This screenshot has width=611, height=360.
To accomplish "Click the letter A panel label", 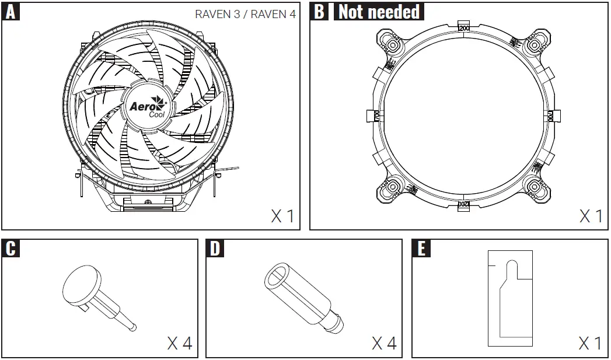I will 11,12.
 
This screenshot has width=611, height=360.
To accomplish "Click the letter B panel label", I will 319,12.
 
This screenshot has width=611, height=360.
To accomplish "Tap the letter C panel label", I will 11,249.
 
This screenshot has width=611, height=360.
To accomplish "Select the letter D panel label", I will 216,249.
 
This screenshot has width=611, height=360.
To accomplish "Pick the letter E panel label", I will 421,249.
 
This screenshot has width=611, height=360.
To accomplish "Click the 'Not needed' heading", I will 379,12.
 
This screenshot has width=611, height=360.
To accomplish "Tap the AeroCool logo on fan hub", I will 148,108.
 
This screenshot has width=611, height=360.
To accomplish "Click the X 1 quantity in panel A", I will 283,216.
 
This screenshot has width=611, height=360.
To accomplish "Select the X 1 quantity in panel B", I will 591,216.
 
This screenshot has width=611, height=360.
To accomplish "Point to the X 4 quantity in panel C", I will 180,342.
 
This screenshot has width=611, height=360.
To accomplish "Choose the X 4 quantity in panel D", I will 385,342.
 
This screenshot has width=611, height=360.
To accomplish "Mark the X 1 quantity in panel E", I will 591,342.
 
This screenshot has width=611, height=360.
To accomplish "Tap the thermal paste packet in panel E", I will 511,298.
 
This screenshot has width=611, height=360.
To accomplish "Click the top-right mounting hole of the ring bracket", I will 534,44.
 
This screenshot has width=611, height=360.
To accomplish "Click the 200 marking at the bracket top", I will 465,28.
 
